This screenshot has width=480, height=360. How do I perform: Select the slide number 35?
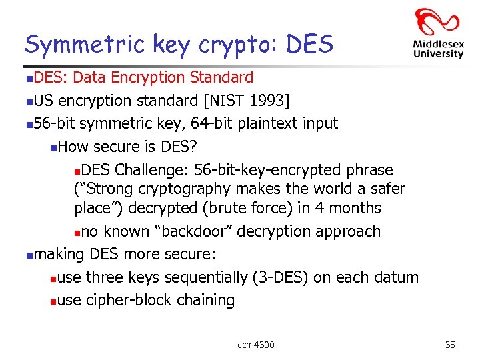tap(450, 345)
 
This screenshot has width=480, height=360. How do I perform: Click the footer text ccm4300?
tap(256, 345)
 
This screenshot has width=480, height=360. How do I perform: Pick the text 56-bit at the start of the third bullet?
tap(55, 124)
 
